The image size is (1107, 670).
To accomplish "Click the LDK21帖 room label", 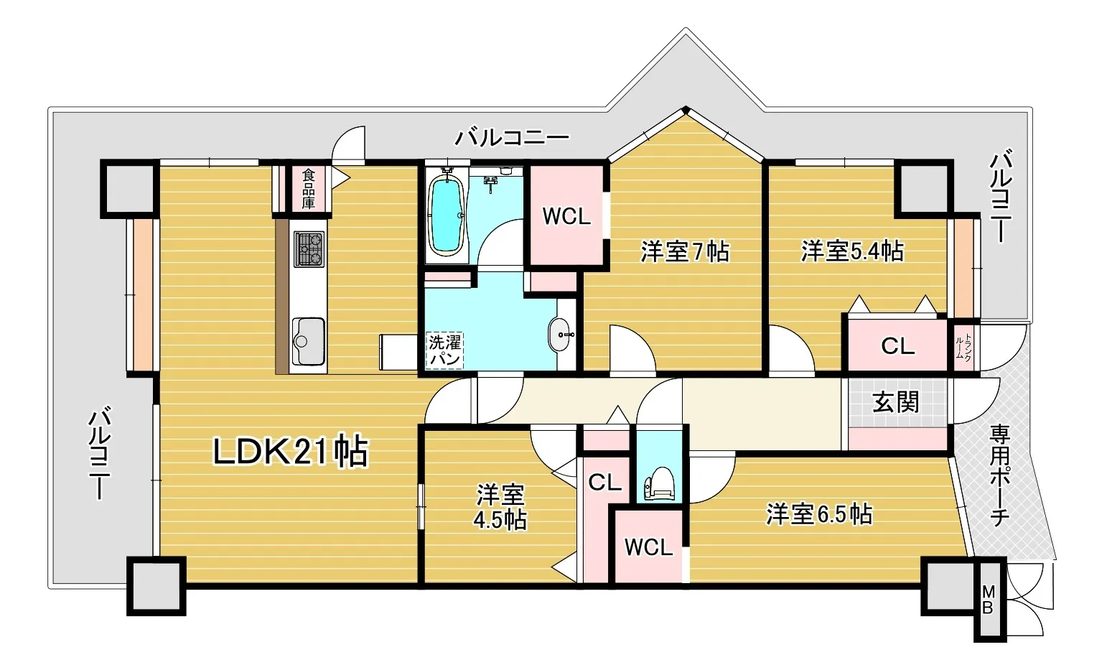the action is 291,451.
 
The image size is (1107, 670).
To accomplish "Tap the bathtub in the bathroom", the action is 447,215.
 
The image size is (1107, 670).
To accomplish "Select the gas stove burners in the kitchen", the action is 309,249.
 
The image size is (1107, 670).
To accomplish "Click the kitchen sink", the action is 309,341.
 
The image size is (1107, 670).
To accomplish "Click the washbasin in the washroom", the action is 560,334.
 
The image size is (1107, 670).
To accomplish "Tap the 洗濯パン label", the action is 445,350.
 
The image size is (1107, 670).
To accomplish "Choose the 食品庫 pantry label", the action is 309,188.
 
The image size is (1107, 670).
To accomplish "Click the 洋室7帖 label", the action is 685,251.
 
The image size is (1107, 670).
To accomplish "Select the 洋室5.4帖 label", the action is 852,251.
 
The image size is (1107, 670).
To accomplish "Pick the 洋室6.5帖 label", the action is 819,514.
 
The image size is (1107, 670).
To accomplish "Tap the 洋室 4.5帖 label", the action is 500,507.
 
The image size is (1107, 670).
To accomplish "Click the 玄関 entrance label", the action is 895,401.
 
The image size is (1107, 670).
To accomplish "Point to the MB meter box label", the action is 987,599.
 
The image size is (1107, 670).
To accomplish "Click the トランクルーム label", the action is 963,345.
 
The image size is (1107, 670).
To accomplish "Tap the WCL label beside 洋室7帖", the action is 566,217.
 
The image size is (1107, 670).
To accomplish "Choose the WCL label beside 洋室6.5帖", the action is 648,547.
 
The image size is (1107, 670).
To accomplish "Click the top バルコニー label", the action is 512,137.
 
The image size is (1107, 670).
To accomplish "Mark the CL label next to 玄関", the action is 897,346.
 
